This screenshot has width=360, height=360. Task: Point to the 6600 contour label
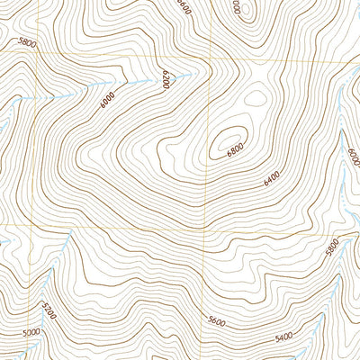tap(184, 8)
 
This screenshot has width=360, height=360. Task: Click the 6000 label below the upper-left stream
tap(109, 101)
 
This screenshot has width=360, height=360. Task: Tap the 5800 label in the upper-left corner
tap(28, 41)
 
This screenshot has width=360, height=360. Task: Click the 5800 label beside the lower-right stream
tap(333, 246)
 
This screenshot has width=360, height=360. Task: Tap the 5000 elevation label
tap(31, 333)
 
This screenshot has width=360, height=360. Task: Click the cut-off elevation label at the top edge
tap(237, 5)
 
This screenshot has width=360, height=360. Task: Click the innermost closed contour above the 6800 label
tap(225, 139)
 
